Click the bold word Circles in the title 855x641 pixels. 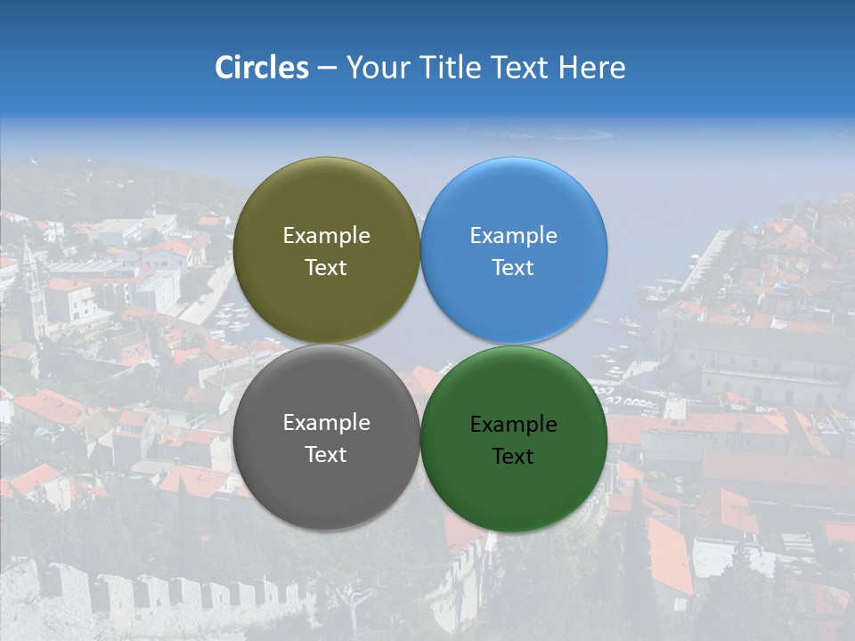[x=262, y=68]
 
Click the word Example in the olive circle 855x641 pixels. [x=326, y=236]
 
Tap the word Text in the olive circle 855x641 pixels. [x=326, y=268]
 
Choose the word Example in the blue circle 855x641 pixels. [x=513, y=236]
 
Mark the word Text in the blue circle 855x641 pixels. [x=513, y=268]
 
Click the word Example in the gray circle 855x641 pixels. [x=326, y=423]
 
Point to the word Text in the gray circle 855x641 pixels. [x=326, y=455]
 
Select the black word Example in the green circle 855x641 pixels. [x=513, y=425]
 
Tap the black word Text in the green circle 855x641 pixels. [x=513, y=457]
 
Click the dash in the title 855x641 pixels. [x=327, y=69]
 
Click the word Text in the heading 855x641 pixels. [x=521, y=68]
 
